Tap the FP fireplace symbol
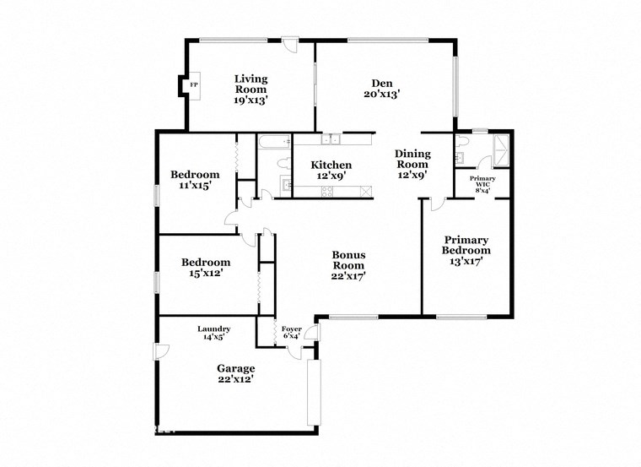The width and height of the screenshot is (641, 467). tap(193, 85)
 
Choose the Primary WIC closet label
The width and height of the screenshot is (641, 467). tap(482, 184)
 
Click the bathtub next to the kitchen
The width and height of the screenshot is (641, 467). tap(274, 142)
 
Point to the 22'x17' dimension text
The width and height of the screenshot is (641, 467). tap(348, 275)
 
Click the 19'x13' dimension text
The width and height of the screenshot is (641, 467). tap(250, 100)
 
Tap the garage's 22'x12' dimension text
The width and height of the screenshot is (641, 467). tap(235, 380)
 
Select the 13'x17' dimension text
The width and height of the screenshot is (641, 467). tap(466, 262)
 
